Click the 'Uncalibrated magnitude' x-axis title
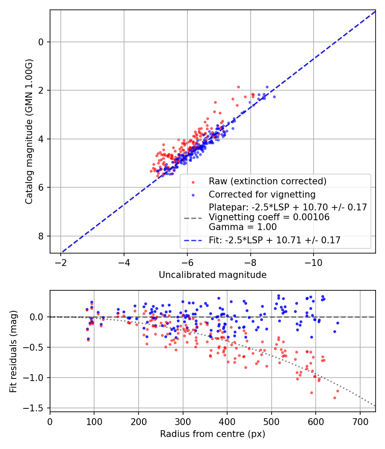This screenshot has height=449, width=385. tap(213, 275)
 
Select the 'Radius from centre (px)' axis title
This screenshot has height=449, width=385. tap(213, 434)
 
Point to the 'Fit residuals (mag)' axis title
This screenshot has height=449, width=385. tap(13, 351)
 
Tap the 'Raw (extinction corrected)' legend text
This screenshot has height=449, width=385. tap(267, 181)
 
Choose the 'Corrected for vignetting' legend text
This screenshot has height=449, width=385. tap(262, 195)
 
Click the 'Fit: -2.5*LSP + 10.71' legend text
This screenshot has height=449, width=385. tap(274, 240)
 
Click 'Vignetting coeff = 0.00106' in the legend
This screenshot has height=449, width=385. tap(269, 217)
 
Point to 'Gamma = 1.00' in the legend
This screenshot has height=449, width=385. tap(242, 227)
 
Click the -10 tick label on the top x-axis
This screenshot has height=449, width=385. tap(314, 261)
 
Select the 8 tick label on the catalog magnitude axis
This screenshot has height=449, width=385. tap(41, 236)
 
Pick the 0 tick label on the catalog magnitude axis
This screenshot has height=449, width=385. tap(41, 42)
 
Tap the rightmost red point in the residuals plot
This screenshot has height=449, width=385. tap(338, 391)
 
